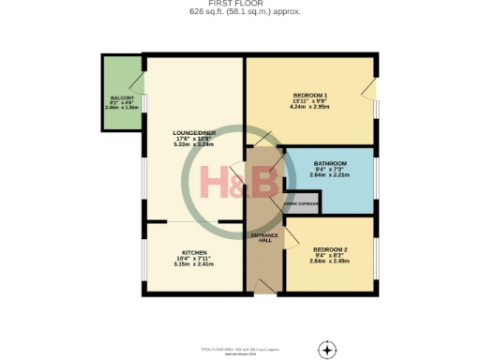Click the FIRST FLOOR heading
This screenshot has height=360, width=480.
tap(240, 5)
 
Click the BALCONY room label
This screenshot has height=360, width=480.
tap(122, 98)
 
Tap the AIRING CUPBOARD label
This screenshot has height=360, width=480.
tap(302, 204)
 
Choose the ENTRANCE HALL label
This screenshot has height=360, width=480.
tap(262, 237)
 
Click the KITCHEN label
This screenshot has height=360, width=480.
tap(194, 253)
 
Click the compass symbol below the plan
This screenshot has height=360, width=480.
tap(326, 350)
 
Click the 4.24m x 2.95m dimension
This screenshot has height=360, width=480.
tap(309, 107)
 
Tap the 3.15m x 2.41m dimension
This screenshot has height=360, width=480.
tap(194, 264)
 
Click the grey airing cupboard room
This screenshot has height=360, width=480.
tap(302, 209)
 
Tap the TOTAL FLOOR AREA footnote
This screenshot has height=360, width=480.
tap(240, 349)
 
